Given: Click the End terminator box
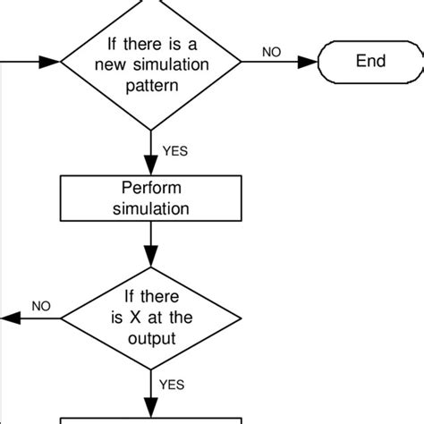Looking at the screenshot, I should point(369,62).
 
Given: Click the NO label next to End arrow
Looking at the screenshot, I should point(271,52).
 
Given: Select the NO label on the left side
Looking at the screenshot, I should point(41,306).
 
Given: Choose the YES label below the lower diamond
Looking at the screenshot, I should point(171,385).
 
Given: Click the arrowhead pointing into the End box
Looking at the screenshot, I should point(310,62).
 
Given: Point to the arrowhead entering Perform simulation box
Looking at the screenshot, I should point(150,168).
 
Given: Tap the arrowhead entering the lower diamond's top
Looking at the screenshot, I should point(150,259).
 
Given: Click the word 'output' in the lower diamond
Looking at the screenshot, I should point(150,338).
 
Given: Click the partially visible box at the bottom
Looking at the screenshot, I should point(150,419).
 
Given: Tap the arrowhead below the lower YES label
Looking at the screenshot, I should point(150,407).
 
